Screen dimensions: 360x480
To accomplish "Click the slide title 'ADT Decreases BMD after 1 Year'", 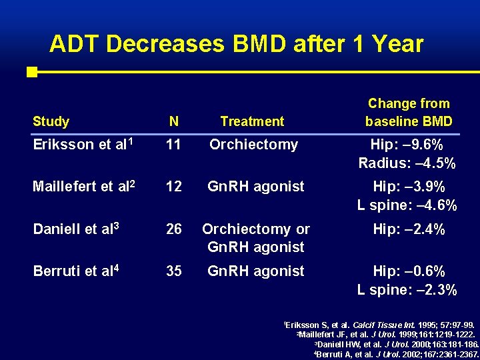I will pyautogui.click(x=236, y=44).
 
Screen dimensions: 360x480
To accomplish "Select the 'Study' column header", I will pyautogui.click(x=51, y=121).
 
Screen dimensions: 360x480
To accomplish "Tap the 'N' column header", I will pyautogui.click(x=173, y=121).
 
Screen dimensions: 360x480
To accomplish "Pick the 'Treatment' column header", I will pyautogui.click(x=252, y=121).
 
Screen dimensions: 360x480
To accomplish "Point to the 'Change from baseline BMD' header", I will pyautogui.click(x=408, y=113).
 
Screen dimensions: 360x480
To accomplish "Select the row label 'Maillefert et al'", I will pyautogui.click(x=83, y=187).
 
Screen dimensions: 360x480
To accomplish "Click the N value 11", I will pyautogui.click(x=173, y=145).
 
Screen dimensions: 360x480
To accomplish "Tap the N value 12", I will pyautogui.click(x=173, y=187).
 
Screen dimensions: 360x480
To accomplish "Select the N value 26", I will pyautogui.click(x=173, y=229).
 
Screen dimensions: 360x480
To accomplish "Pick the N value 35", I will pyautogui.click(x=173, y=271).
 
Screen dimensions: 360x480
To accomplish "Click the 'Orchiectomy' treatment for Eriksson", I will pyautogui.click(x=253, y=145).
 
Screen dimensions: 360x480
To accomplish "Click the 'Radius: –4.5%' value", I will pyautogui.click(x=407, y=163).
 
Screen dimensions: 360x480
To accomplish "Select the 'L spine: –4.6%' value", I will pyautogui.click(x=407, y=205).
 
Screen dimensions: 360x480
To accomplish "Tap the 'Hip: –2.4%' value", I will pyautogui.click(x=408, y=229).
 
